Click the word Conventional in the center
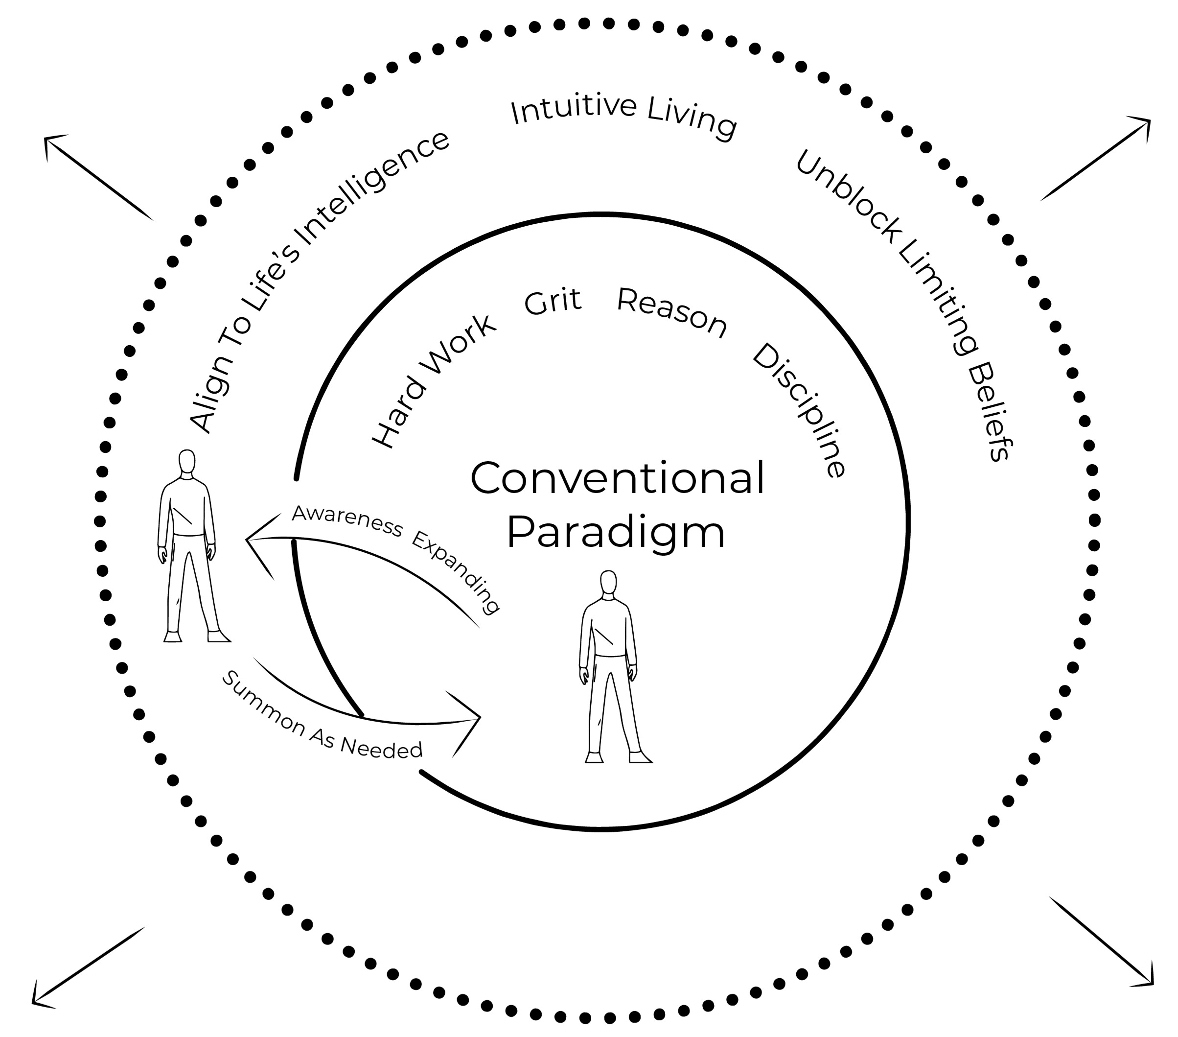pos(617,478)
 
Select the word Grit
pos(553,302)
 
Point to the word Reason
pos(672,312)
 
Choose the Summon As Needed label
pos(322,718)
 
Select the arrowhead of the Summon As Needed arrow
pos(473,719)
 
